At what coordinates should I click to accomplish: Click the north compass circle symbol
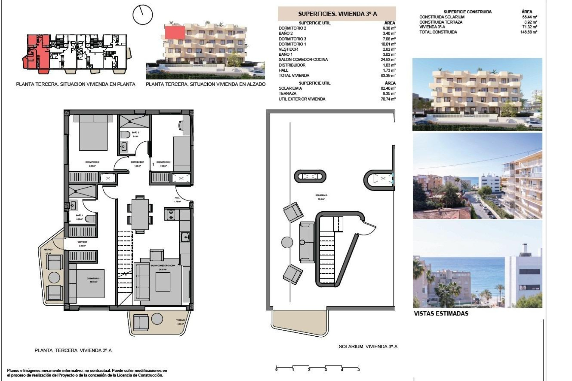(x=143, y=15)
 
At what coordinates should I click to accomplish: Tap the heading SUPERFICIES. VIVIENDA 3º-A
(x=337, y=14)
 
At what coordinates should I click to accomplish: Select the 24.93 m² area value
(x=389, y=60)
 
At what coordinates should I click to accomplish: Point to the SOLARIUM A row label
(x=290, y=88)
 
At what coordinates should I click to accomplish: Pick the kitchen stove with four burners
(x=171, y=215)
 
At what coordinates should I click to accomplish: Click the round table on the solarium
(x=287, y=242)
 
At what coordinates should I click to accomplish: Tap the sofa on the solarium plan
(x=307, y=242)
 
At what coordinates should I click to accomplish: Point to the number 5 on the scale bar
(x=358, y=370)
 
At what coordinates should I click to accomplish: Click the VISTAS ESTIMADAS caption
(x=441, y=313)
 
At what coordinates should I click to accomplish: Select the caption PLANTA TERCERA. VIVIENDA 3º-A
(x=73, y=351)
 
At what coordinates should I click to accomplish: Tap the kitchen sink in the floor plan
(x=185, y=237)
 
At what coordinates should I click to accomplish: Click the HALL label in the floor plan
(x=177, y=198)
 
